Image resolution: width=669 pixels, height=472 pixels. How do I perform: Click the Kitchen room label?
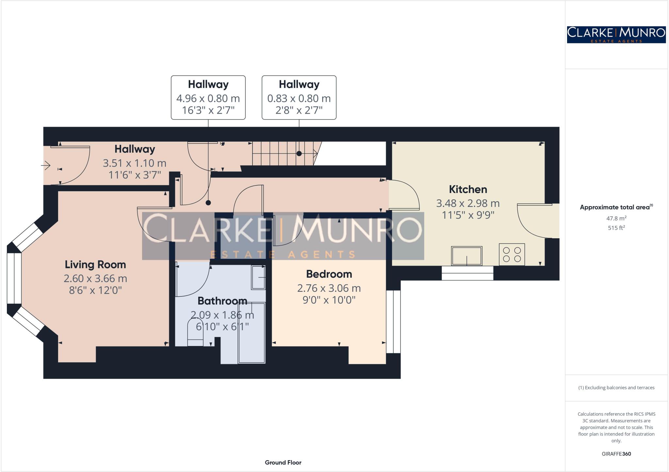click(468, 189)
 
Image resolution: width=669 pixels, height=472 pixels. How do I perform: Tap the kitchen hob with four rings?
click(512, 254)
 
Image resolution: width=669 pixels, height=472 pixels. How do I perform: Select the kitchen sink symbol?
click(466, 256)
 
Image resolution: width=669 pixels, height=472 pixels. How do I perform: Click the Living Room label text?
click(95, 264)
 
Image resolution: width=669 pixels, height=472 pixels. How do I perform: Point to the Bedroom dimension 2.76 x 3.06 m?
click(329, 288)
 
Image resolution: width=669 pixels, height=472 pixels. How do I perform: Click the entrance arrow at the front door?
click(46, 165)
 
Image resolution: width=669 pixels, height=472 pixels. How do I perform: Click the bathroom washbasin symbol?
click(258, 277)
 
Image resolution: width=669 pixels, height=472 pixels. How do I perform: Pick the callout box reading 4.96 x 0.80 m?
click(208, 98)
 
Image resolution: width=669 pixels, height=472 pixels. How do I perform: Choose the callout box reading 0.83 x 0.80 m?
click(299, 98)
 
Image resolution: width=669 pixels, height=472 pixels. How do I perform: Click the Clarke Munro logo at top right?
click(616, 35)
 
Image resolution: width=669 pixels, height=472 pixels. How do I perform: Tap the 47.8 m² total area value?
click(616, 218)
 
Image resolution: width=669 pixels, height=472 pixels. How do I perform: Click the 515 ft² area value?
click(616, 228)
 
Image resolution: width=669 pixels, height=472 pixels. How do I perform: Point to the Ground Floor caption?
click(283, 462)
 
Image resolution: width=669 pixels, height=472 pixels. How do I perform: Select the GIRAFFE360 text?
click(616, 454)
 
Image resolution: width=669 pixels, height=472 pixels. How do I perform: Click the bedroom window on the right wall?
click(393, 322)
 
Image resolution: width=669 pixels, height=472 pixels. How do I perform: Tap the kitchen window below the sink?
click(467, 273)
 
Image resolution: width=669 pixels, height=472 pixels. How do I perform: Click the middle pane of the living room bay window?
click(14, 278)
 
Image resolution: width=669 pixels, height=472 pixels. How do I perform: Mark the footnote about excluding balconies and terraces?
click(616, 388)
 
